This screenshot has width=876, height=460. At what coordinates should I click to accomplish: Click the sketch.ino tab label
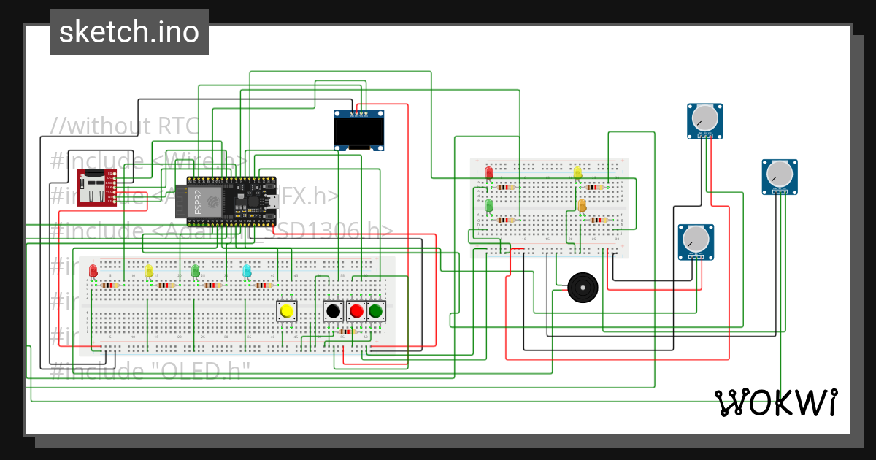(x=128, y=32)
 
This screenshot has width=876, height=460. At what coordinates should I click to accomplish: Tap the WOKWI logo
(x=775, y=402)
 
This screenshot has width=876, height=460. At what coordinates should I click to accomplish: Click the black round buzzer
(x=583, y=288)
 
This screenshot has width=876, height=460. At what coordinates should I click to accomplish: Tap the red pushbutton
(x=356, y=312)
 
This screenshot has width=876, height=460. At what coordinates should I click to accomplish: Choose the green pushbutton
(x=376, y=312)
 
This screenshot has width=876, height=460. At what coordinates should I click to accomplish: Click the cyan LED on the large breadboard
(x=247, y=271)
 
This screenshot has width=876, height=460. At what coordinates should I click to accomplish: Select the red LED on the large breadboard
(x=93, y=271)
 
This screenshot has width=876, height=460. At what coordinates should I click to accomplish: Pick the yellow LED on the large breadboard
(x=149, y=271)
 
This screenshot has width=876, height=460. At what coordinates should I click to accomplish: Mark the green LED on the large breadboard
(x=195, y=271)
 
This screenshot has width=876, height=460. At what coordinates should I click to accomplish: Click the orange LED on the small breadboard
(x=582, y=207)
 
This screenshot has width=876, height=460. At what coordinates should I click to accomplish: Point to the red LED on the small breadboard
(x=488, y=173)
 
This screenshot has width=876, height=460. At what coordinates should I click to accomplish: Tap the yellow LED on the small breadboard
(x=577, y=173)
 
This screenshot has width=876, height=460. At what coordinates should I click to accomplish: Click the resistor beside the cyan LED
(x=265, y=285)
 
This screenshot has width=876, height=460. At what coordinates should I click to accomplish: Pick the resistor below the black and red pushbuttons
(x=347, y=332)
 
